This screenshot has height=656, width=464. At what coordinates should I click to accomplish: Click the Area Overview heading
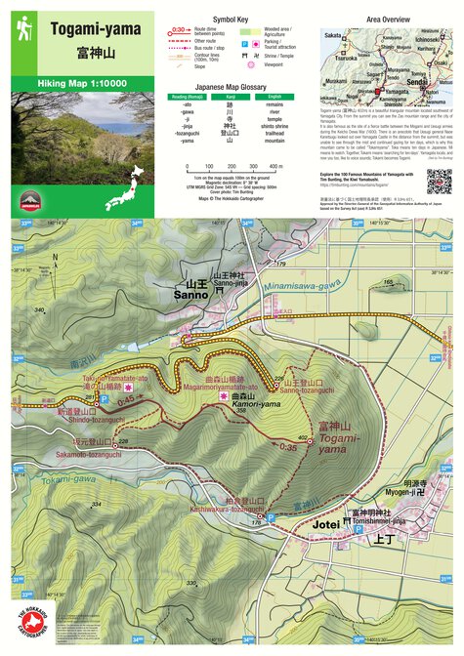pos(387,19)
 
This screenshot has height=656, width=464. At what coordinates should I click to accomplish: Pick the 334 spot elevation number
pos(96,504)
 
